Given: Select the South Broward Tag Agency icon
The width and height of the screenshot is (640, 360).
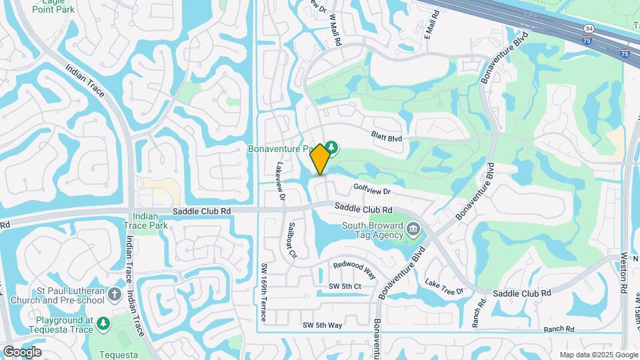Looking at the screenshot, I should pos(413,231).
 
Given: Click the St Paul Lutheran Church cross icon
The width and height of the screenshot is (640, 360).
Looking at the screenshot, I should pos(115,294).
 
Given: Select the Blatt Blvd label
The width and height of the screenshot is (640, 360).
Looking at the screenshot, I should pos(387,136).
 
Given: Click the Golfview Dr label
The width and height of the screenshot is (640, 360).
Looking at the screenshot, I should pos(371,189).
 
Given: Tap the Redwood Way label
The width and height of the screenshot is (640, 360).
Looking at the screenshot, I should pos(355,270).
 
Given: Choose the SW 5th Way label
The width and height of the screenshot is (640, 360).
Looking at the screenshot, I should pos(322,325).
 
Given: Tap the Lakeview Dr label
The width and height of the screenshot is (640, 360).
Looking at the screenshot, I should pos(280,183).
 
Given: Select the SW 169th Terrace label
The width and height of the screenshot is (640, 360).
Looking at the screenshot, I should pos(264,291).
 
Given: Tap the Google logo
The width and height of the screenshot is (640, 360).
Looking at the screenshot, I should pos(22,351).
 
